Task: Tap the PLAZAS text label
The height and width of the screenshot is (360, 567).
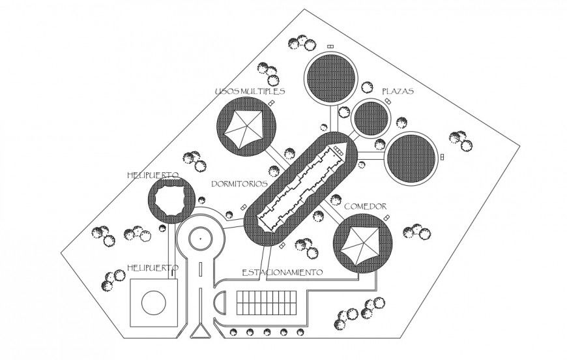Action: click(x=398, y=91)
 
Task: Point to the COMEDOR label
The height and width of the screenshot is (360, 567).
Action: click(x=365, y=207)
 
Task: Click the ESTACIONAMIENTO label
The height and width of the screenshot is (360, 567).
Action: click(x=282, y=271)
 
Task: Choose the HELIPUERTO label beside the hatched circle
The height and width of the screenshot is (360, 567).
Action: click(x=153, y=175)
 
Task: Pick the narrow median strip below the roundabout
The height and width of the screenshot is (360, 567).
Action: click(x=201, y=274)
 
